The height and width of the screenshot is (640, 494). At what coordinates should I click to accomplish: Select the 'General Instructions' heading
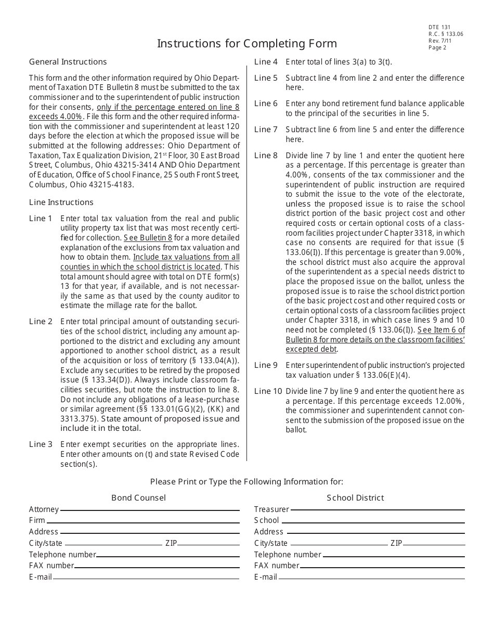pos(68,62)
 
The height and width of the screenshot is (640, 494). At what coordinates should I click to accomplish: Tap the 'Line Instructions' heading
pos(61,202)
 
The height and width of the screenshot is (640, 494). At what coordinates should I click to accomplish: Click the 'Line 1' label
pos(41,219)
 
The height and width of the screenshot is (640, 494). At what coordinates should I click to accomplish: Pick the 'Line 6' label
pos(266,104)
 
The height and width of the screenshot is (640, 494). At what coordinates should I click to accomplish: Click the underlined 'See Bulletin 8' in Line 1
pos(148,238)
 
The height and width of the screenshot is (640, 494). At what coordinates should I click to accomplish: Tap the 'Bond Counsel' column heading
pos(138,498)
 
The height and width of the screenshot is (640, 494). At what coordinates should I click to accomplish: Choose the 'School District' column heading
pos(355,498)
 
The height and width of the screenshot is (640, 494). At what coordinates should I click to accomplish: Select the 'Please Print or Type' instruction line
pos(246,482)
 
